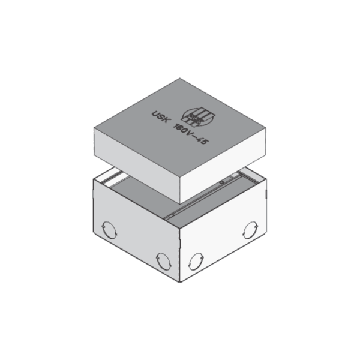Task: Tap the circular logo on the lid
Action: pyautogui.click(x=203, y=116)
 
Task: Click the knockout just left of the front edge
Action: pyautogui.click(x=162, y=259)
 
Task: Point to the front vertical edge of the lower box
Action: pyautogui.click(x=179, y=252)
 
